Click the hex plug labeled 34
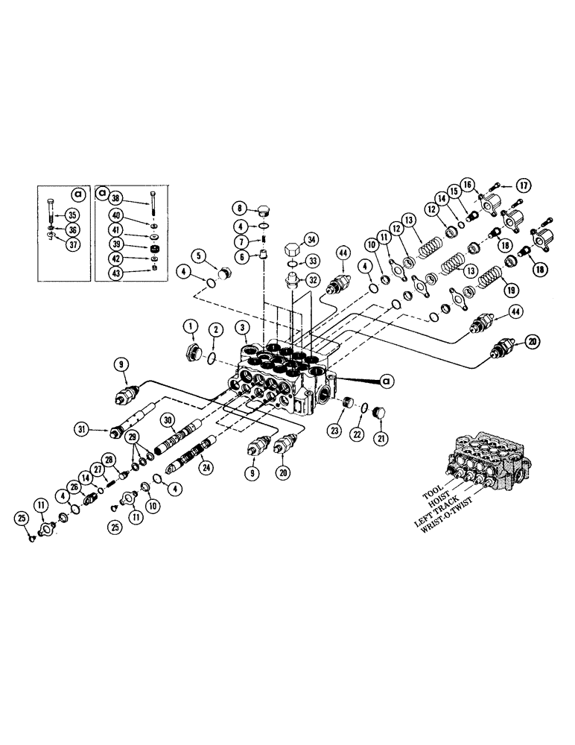[291, 248]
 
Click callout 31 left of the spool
[80, 428]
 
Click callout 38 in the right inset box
[116, 200]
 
